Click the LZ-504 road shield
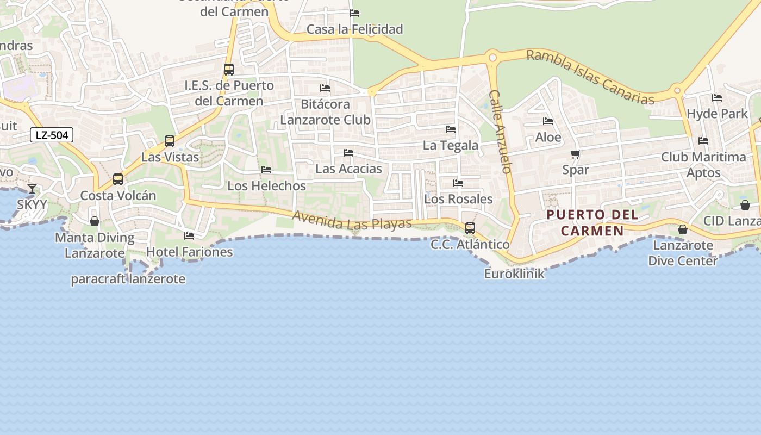[52, 135]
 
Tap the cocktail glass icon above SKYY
[32, 189]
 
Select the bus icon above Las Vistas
[170, 141]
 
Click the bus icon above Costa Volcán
[118, 179]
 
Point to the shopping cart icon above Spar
[576, 154]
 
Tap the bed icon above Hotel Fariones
[189, 236]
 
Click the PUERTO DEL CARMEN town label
[592, 222]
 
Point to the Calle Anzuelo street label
[501, 132]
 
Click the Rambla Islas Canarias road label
[590, 77]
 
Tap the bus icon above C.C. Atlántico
[470, 228]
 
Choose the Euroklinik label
[514, 274]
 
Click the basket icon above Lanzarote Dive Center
[683, 229]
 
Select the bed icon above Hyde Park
[717, 98]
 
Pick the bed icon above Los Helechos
[266, 170]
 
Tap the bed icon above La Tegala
[451, 129]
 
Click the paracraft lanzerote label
[128, 279]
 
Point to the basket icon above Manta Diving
[95, 221]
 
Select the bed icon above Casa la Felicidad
[354, 13]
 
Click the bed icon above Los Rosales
[458, 183]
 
